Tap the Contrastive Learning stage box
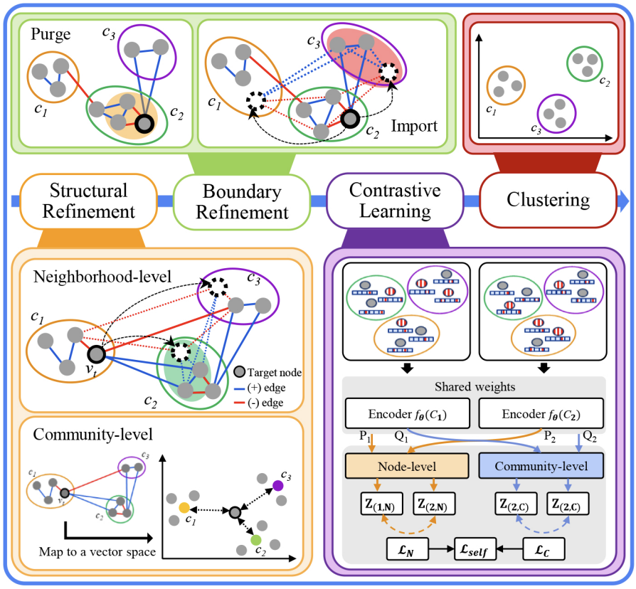396,201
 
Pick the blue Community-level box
541,467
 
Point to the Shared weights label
474,387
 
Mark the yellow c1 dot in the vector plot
184,509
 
